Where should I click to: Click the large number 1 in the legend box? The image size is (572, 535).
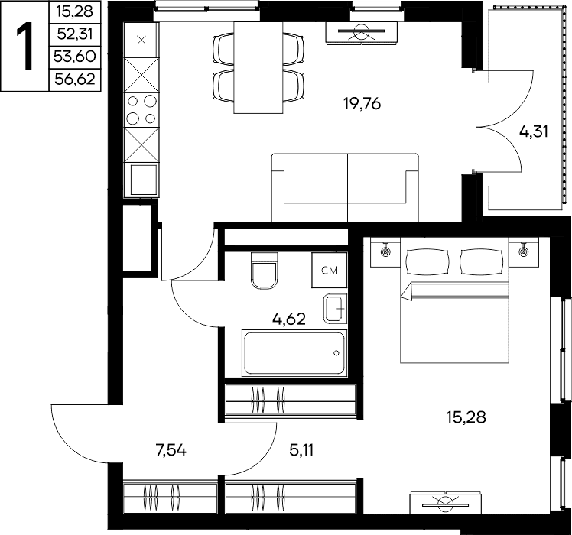coord(24,46)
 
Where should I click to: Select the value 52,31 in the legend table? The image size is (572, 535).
coord(75,34)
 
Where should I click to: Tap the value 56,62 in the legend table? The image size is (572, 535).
coord(75,79)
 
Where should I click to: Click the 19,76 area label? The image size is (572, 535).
coord(362,104)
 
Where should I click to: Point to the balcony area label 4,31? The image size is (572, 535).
coord(534,131)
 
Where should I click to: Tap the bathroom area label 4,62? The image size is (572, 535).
coord(288,319)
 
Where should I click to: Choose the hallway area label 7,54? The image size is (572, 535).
coord(171,451)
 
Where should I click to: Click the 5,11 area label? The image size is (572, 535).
coord(301,451)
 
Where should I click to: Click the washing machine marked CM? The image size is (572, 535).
coord(330,270)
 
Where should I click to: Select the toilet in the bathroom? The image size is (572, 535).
coord(264,271)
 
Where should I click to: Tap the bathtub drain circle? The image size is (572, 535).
coord(336,353)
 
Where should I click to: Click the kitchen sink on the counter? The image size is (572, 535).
coord(141,180)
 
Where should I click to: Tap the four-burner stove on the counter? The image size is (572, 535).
coord(141,110)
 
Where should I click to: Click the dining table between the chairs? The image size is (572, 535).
coord(258,68)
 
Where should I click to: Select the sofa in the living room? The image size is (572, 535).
coord(345,187)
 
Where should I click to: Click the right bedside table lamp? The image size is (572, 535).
coord(524,250)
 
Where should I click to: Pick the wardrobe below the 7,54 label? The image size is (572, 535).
coord(171,498)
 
